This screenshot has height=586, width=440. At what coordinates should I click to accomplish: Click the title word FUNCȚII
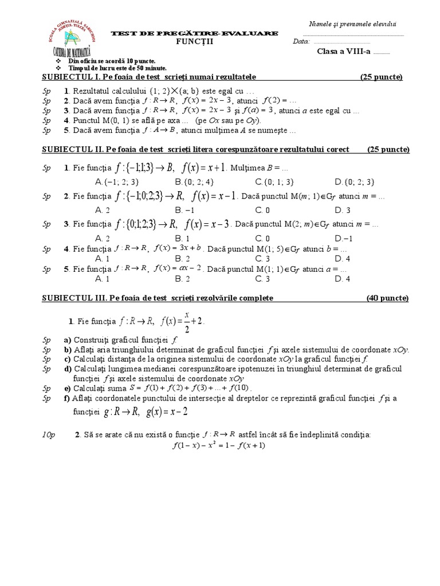click(x=194, y=42)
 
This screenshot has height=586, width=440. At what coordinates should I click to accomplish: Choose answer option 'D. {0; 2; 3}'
click(x=357, y=181)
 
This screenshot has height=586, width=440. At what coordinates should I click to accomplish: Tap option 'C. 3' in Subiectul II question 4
click(x=263, y=258)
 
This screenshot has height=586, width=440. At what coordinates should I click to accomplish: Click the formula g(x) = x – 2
click(x=167, y=411)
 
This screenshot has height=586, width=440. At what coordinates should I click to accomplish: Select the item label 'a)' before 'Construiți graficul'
click(x=68, y=339)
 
